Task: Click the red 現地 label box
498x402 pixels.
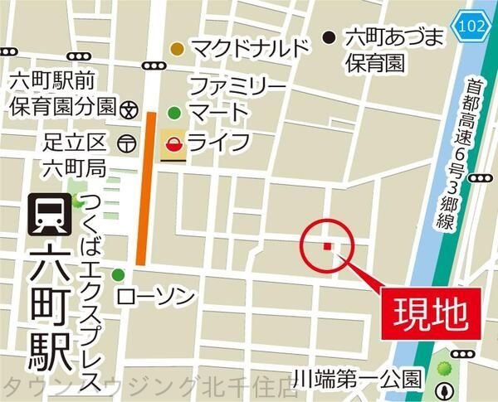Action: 427,312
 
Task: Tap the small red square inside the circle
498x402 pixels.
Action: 327,246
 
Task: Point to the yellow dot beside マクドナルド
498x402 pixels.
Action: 176,49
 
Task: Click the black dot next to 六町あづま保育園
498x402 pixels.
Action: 330,36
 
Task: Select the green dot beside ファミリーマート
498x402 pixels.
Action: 174,113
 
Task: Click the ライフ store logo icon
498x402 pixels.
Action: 173,143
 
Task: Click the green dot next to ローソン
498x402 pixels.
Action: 119,275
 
